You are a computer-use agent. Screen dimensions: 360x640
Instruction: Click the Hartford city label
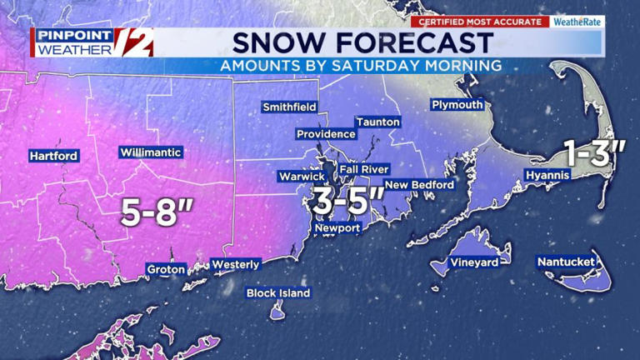point(53,156)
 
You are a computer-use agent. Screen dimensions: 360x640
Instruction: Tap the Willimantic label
point(151,152)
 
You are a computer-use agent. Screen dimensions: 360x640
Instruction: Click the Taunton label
point(378,122)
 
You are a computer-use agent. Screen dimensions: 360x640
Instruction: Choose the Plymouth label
point(457,104)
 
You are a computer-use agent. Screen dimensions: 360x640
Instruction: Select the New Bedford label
point(418,184)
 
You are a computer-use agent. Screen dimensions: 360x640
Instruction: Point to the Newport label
point(337,228)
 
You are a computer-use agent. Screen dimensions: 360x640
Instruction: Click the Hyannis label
point(547,175)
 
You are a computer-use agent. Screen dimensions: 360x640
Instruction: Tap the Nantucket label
point(566,262)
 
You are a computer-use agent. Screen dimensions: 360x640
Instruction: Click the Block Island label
point(278,292)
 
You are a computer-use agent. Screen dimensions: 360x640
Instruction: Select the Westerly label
point(236,264)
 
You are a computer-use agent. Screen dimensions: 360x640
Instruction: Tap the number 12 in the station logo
point(133,42)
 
